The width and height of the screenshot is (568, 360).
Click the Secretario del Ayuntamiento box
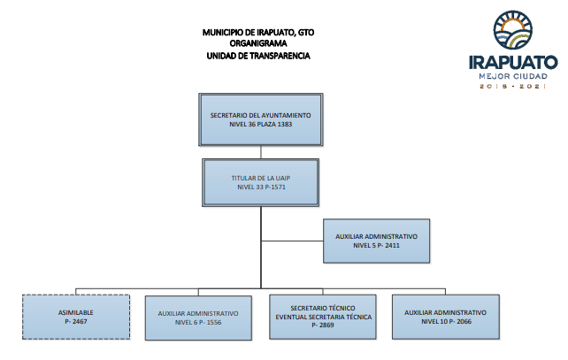point(260,119)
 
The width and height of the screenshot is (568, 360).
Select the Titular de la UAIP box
point(260,182)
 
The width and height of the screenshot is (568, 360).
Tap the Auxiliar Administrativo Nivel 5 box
point(376,241)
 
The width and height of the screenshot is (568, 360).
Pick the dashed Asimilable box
point(76,317)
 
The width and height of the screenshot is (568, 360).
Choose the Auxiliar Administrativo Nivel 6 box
point(198,318)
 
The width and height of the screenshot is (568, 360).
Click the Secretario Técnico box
point(322,317)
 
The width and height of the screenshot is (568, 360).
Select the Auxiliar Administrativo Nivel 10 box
point(446,317)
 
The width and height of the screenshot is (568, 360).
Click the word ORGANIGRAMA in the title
point(258,43)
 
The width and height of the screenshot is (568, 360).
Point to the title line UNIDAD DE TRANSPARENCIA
point(258,56)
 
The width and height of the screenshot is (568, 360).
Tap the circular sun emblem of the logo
point(512,30)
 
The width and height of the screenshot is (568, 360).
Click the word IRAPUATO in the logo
point(513,62)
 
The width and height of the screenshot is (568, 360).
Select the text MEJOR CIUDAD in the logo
point(513,76)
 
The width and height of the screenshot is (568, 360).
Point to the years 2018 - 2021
point(513,86)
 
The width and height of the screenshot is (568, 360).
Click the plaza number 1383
point(285,124)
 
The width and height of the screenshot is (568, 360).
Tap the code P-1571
point(275,188)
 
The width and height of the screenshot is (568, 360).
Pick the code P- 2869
point(323,326)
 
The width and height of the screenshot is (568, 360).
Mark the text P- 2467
point(76,322)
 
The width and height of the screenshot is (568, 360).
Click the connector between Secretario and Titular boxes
point(261,152)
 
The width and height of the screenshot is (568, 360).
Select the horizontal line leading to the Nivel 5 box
point(292,241)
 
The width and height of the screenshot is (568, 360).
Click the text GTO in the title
point(306,33)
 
